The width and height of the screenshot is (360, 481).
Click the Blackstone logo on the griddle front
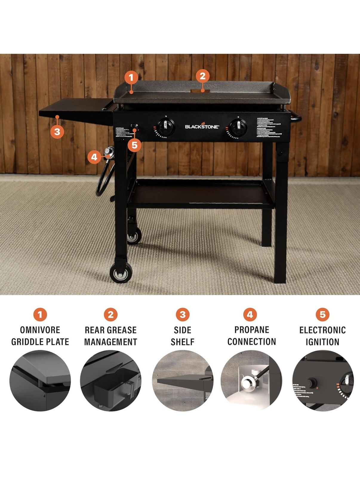tap(202, 126)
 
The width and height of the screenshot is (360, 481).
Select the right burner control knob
tap(238, 126)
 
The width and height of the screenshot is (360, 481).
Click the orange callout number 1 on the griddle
tap(131, 78)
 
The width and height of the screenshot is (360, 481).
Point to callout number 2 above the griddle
tap(203, 76)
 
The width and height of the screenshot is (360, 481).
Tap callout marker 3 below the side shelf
tap(57, 131)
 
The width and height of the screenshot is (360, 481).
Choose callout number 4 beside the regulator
tap(94, 157)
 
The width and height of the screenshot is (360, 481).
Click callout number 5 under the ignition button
tap(134, 145)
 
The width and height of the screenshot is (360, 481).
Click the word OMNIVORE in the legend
tap(40, 330)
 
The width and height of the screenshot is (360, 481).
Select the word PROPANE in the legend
tap(252, 330)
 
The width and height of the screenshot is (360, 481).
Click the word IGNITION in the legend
tap(322, 342)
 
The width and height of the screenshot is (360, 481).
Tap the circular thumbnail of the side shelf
tap(182, 380)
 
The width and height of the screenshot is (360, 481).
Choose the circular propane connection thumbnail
tap(251, 380)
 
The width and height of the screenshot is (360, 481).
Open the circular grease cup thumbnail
tap(111, 380)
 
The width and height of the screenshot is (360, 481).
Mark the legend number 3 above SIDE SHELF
tap(182, 314)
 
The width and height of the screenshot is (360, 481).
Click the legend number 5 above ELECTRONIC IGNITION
tap(322, 314)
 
